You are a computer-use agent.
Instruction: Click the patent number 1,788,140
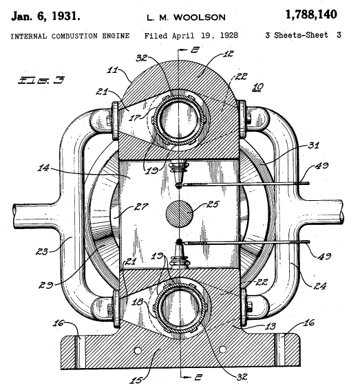[x=311, y=14]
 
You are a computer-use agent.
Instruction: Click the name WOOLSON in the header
[x=200, y=17]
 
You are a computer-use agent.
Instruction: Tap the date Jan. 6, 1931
[x=45, y=17]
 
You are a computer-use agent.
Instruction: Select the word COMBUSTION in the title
[x=74, y=36]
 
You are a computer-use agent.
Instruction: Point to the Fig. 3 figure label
[x=41, y=80]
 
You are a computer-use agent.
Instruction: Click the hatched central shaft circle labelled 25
[x=179, y=214]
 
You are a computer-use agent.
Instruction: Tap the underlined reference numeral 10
[x=257, y=87]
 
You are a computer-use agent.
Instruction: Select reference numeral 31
[x=313, y=145]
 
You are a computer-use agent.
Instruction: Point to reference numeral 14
[x=43, y=168]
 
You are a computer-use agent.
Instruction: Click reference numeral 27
[x=141, y=206]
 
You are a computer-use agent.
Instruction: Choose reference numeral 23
[x=41, y=252]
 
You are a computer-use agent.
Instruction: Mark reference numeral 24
[x=319, y=286]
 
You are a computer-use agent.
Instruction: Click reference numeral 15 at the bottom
[x=136, y=380]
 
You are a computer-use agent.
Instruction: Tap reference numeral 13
[x=270, y=326]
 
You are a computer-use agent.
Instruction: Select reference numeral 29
[x=45, y=285]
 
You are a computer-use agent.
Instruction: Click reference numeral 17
[x=135, y=117]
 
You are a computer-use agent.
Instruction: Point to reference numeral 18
[x=138, y=302]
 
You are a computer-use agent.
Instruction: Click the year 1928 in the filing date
[x=229, y=35]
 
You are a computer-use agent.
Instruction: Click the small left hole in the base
[x=138, y=351]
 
